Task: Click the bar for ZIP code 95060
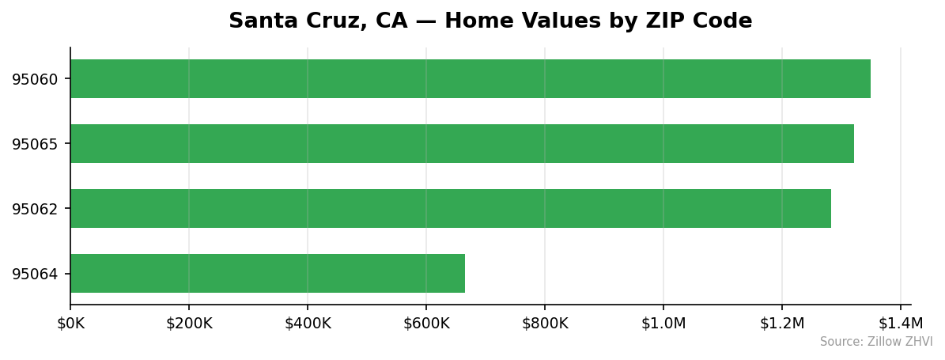click(x=470, y=79)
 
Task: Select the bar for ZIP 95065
click(x=462, y=144)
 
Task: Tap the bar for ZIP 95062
click(x=451, y=209)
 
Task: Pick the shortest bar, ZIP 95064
click(x=267, y=274)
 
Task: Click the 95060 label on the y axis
click(x=35, y=79)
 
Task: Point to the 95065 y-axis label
click(x=35, y=144)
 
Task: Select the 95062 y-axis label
click(x=35, y=209)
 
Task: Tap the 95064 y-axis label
click(x=35, y=274)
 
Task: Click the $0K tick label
click(x=70, y=323)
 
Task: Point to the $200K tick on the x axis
click(x=189, y=323)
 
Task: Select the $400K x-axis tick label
click(x=308, y=323)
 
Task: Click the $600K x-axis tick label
click(x=426, y=323)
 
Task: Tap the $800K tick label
click(x=545, y=323)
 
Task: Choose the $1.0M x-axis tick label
click(x=663, y=323)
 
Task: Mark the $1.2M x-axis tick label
click(x=782, y=323)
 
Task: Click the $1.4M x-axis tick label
click(x=901, y=323)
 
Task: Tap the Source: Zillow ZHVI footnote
click(x=876, y=342)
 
